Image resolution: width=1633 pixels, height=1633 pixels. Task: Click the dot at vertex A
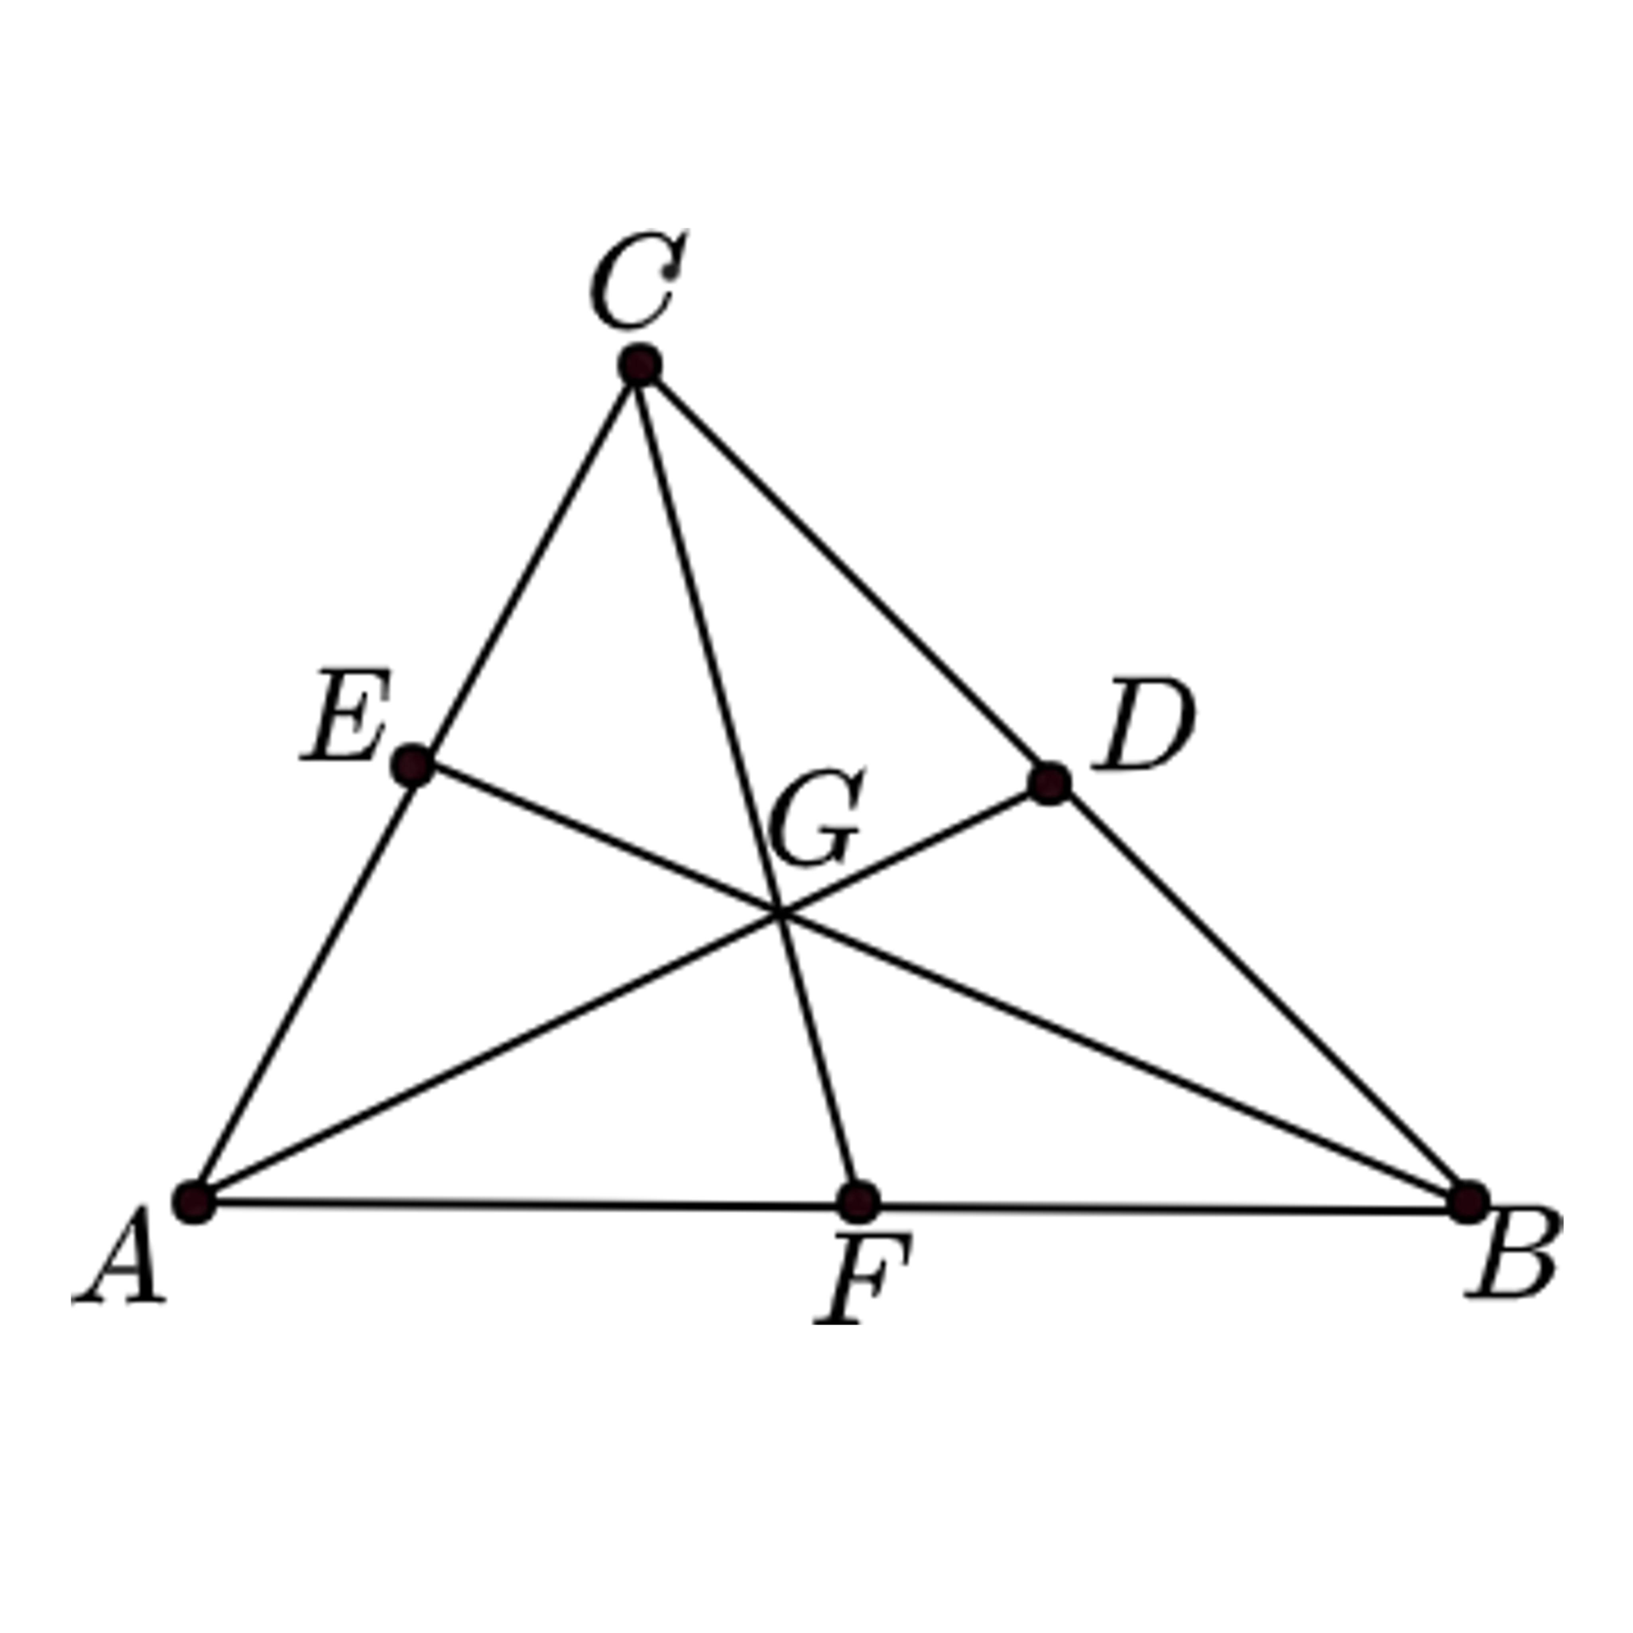[x=195, y=1201]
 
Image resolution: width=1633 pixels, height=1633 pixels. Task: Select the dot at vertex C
[x=640, y=365]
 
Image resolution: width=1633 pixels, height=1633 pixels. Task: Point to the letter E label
[x=346, y=717]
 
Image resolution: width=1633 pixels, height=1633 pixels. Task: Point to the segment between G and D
[x=913, y=848]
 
